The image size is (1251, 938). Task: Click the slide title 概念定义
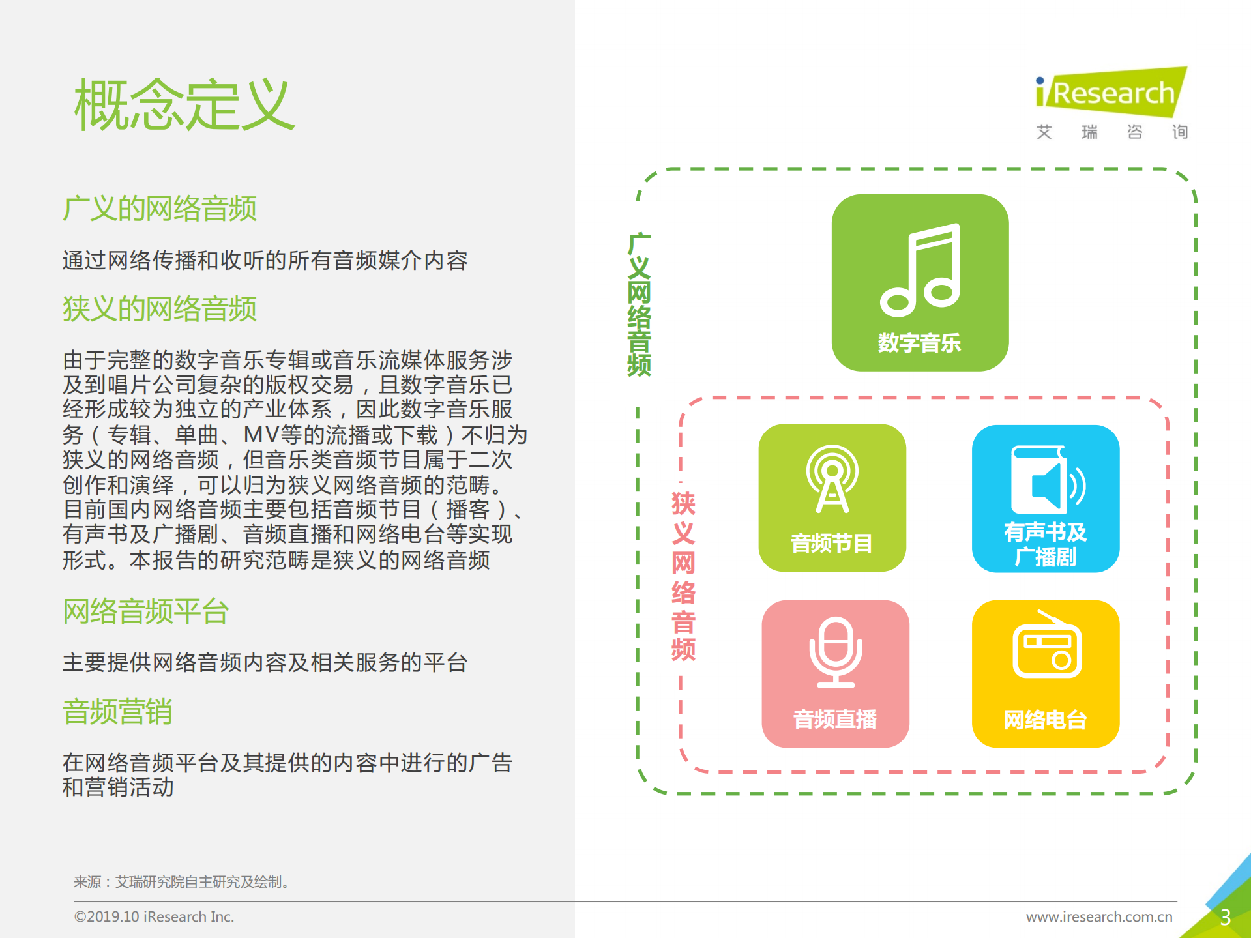click(184, 105)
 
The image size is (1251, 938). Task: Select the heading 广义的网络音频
click(160, 209)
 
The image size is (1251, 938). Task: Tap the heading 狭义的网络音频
click(160, 309)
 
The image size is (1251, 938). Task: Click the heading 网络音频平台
click(146, 611)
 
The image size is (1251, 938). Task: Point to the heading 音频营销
click(117, 712)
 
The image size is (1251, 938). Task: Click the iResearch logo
click(1111, 93)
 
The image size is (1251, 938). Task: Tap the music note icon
click(920, 269)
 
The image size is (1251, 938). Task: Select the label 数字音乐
click(919, 343)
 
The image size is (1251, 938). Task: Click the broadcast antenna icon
click(832, 479)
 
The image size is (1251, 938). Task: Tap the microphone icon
click(835, 652)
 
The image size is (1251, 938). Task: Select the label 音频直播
click(835, 720)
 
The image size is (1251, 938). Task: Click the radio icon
click(1046, 645)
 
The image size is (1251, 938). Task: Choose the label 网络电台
click(1046, 720)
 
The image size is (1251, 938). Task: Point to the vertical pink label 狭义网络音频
click(683, 576)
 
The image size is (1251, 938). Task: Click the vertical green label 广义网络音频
click(639, 304)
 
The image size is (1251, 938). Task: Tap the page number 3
click(1226, 917)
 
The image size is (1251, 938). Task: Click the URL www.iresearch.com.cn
click(1099, 917)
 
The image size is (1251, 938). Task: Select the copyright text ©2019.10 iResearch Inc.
click(154, 917)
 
